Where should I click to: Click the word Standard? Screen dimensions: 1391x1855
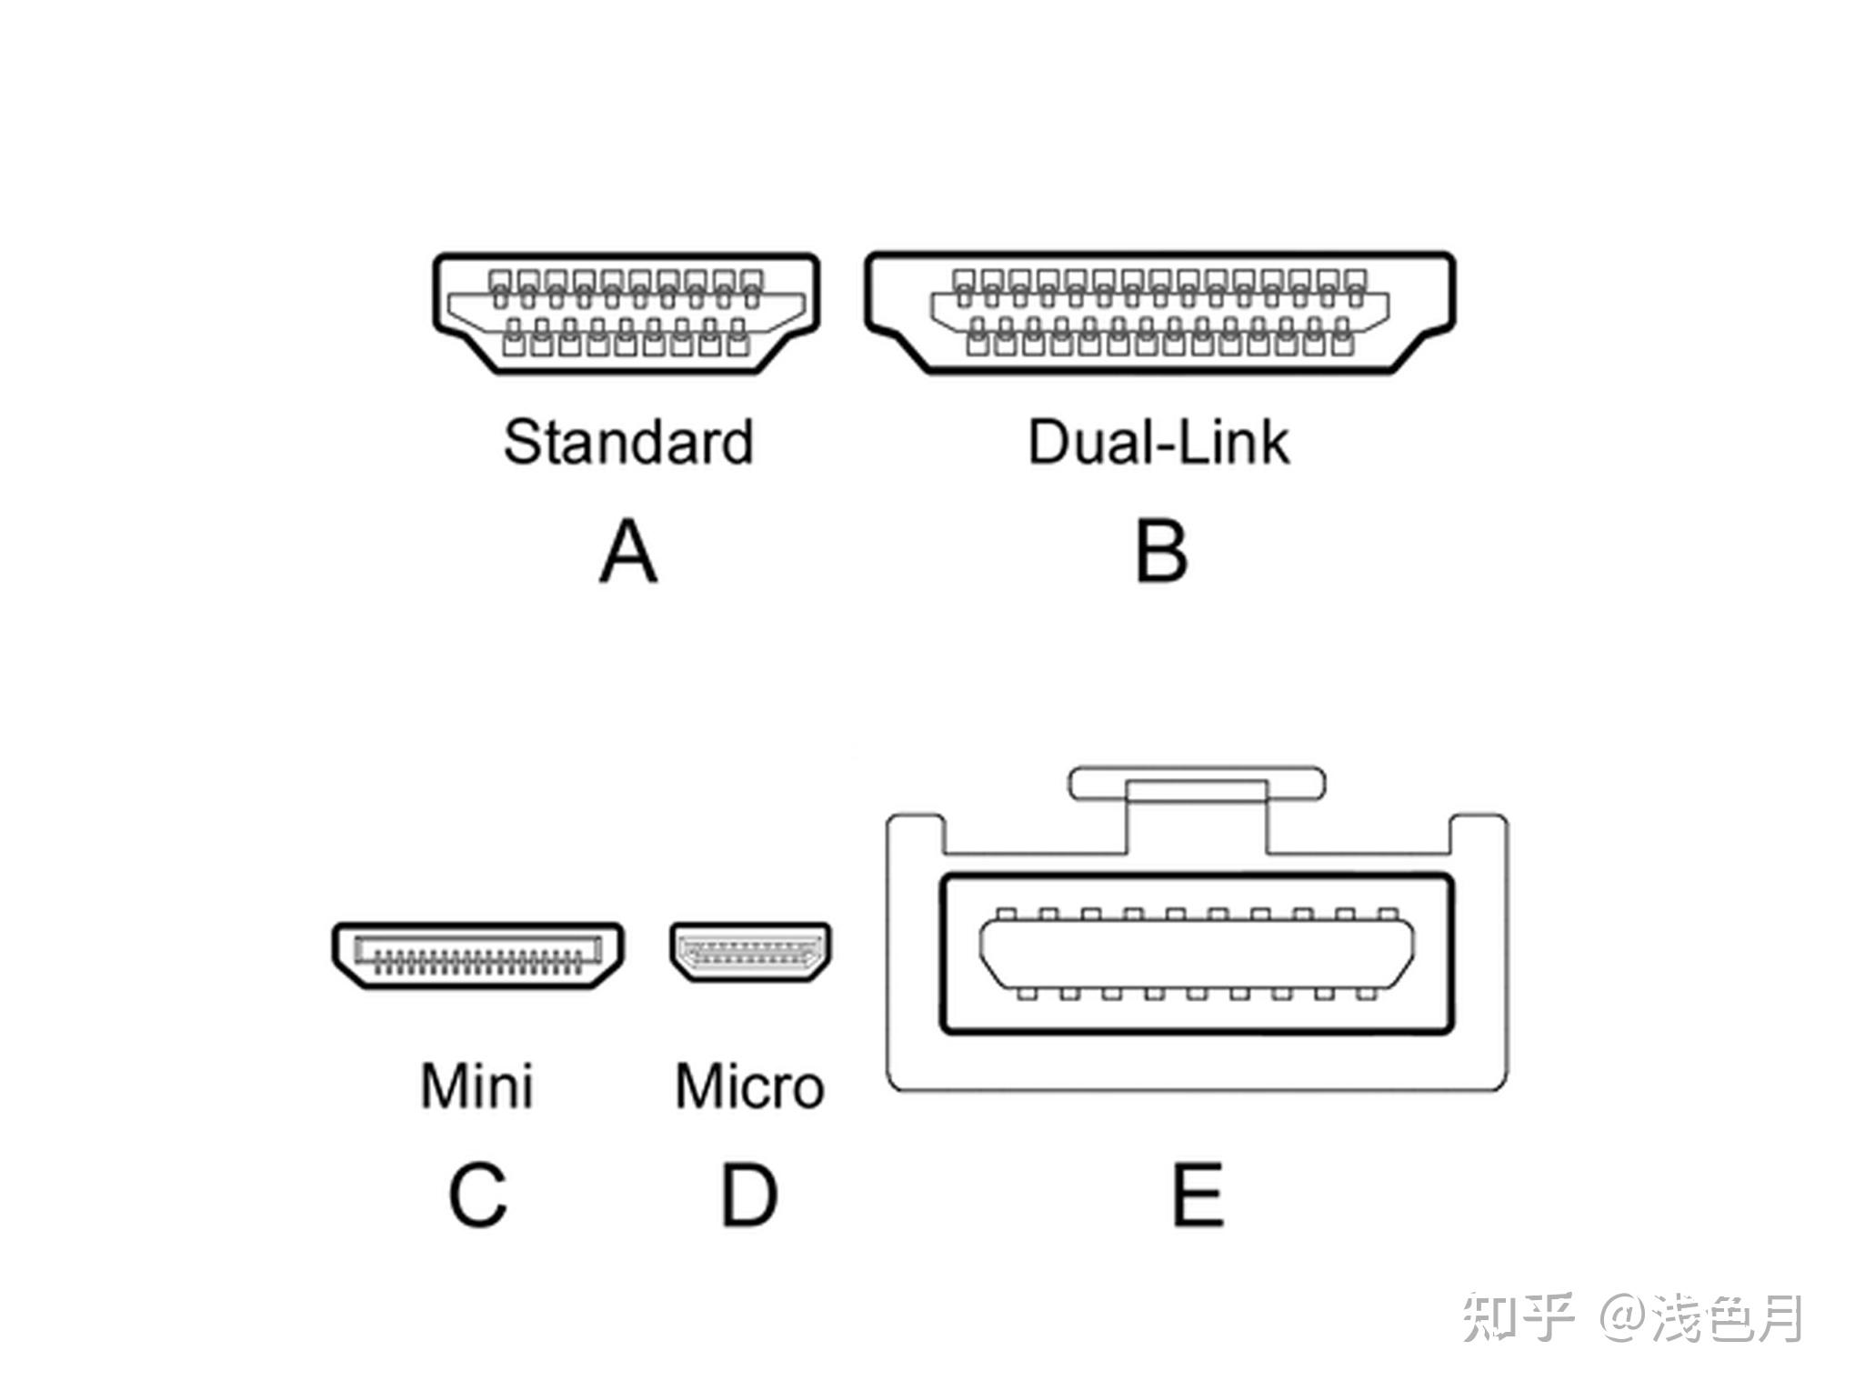628,443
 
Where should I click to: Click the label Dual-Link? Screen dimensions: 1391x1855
1158,443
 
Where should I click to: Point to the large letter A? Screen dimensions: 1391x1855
627,552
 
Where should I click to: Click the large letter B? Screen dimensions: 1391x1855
1161,552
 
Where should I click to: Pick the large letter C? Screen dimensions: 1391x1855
477,1195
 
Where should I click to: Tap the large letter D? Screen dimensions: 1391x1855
748,1195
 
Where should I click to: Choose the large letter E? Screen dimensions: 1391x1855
1198,1195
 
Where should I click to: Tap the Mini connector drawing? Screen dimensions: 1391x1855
477,956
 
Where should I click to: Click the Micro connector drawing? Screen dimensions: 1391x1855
750,952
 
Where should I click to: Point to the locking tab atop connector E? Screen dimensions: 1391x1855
1196,784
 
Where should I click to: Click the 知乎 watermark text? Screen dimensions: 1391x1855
1517,1318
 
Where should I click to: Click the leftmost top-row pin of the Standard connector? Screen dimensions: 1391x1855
499,280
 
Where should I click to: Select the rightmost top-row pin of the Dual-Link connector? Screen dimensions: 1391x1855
1355,278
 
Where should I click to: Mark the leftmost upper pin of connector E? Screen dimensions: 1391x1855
1006,915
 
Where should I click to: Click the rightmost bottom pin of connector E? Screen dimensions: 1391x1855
1366,994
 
